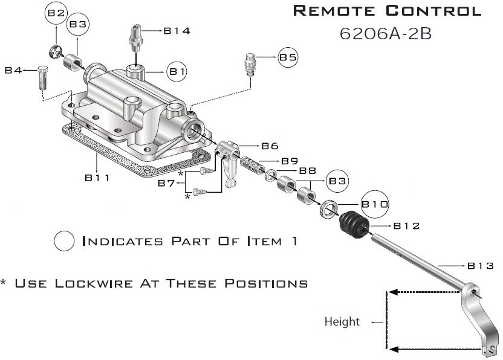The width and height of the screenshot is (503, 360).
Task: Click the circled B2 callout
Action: (56, 13)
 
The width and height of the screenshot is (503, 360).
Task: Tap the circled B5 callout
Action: (288, 58)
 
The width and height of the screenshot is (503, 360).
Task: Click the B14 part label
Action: (177, 31)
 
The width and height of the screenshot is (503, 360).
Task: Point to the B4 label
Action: (13, 71)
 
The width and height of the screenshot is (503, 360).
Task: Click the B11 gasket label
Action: (97, 178)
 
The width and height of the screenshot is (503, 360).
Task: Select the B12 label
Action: (406, 226)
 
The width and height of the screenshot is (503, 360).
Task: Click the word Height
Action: (342, 321)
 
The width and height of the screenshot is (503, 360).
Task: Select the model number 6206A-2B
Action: (385, 33)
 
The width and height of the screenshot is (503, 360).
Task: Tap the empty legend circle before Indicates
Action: (64, 242)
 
